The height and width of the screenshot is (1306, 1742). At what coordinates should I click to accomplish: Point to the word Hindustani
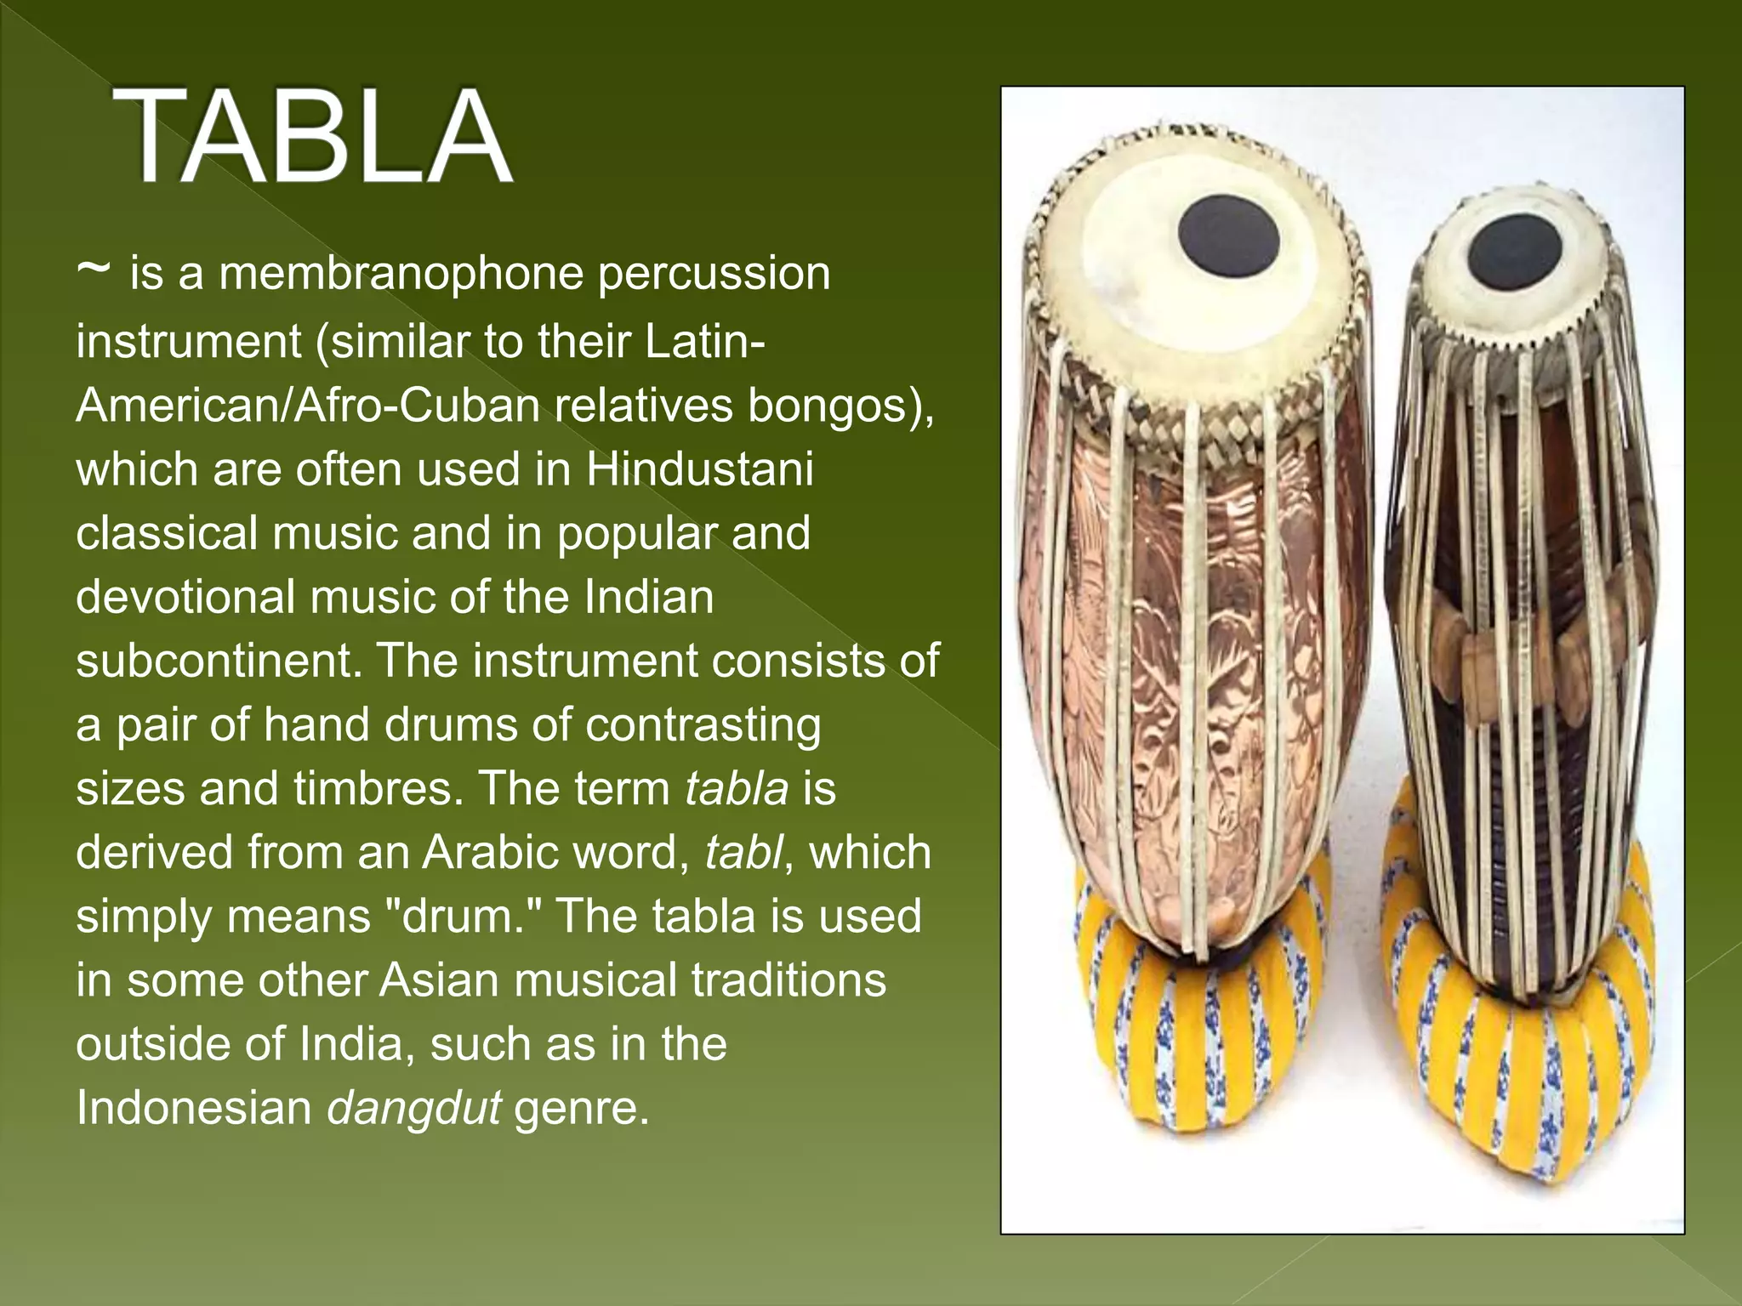click(x=699, y=469)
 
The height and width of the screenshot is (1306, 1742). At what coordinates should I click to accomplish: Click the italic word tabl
click(x=743, y=852)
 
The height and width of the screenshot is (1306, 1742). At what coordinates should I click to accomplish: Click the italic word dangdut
click(x=414, y=1109)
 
